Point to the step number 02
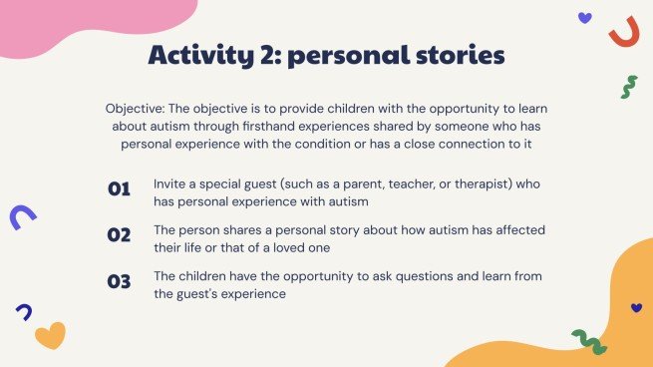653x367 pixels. click(119, 235)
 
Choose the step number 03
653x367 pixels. click(119, 281)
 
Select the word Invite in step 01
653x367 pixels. click(170, 183)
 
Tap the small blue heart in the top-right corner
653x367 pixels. click(584, 17)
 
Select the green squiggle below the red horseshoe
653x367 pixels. click(628, 87)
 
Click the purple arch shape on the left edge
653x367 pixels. click(22, 216)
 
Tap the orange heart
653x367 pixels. click(50, 335)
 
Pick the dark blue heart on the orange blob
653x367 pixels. click(636, 308)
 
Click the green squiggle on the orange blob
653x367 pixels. click(588, 341)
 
